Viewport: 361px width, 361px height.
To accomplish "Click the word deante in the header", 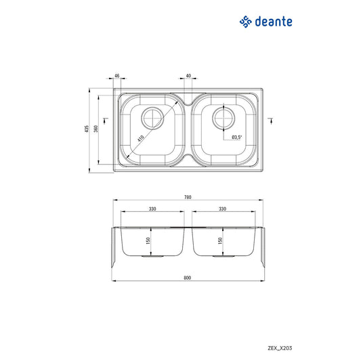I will pos(274,22).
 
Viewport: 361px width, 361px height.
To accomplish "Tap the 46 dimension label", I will pos(116,77).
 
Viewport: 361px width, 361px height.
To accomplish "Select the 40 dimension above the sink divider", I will pos(188,77).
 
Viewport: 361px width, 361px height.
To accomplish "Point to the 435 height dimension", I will pos(87,129).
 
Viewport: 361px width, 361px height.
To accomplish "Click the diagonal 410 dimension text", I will pos(140,138).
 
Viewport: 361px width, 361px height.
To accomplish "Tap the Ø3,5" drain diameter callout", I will pos(237,137).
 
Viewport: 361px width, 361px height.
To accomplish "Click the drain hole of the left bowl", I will pos(152,119).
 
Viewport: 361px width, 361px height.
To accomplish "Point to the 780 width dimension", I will pos(188,197).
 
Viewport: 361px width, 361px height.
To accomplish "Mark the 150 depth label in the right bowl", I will pos(219,240).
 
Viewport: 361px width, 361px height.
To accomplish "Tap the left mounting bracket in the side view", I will pos(115,251).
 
